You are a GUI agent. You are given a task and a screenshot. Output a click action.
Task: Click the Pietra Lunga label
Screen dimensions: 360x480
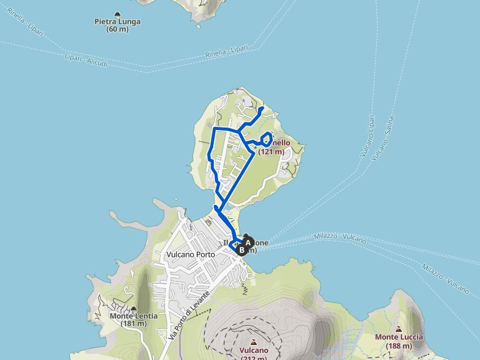click(117, 21)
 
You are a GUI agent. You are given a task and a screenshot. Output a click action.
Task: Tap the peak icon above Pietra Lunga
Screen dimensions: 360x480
click(117, 13)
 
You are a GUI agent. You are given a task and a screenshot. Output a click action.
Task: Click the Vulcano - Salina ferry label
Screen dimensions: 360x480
click(382, 138)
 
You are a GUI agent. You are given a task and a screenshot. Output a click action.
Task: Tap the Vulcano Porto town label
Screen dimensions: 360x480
click(191, 255)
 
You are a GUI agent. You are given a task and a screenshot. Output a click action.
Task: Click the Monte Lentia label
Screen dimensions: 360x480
click(134, 316)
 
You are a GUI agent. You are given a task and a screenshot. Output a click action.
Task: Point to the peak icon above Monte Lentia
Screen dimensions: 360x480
click(134, 308)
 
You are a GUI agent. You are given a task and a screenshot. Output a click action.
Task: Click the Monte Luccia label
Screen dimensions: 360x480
click(399, 337)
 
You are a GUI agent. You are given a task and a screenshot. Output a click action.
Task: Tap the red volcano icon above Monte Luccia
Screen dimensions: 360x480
click(399, 329)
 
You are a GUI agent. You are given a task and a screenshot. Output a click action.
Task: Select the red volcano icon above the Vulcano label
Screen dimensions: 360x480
click(254, 342)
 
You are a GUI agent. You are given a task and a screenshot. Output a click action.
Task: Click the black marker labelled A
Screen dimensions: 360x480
click(247, 241)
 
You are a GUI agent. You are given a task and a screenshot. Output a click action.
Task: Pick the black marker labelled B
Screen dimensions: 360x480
click(242, 249)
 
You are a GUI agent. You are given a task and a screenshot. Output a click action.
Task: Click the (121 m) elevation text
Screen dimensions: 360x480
click(271, 151)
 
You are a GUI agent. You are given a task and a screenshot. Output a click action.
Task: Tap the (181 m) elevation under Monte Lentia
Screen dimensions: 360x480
click(134, 324)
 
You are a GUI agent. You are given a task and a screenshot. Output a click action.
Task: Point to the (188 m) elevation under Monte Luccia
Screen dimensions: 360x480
click(399, 346)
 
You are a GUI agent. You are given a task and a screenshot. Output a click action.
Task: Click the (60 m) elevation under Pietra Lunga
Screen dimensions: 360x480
click(117, 29)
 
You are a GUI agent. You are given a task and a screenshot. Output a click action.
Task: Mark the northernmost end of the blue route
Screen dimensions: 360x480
click(261, 108)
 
